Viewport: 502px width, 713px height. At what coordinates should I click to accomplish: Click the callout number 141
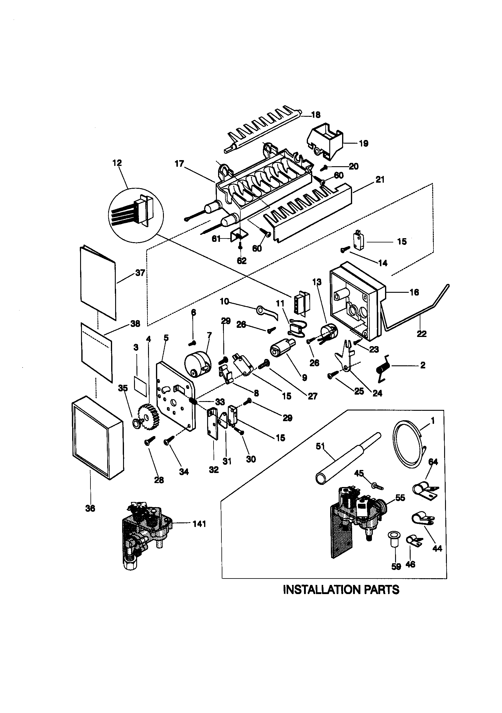click(199, 524)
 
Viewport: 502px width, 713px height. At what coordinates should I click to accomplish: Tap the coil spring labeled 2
click(383, 369)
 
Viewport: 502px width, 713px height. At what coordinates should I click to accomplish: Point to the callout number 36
click(90, 508)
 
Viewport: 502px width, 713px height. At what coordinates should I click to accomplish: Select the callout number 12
click(117, 163)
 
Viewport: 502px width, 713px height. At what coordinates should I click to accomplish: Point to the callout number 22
click(422, 334)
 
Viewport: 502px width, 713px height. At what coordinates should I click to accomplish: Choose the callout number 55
click(400, 497)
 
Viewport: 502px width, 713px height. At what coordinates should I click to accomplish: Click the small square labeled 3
click(140, 385)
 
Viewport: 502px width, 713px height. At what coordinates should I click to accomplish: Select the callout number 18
click(316, 115)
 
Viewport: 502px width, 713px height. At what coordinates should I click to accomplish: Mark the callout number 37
click(140, 273)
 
